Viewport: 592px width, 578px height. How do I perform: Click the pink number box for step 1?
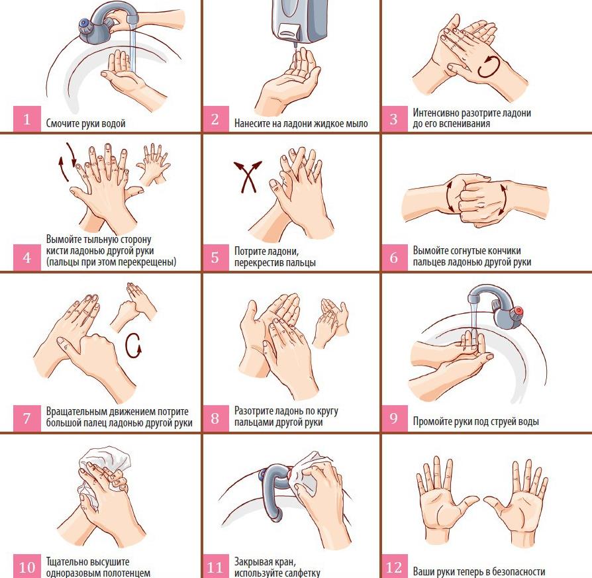[26, 119]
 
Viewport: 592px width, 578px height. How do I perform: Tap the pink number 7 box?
[26, 418]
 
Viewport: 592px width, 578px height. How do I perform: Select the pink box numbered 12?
[394, 566]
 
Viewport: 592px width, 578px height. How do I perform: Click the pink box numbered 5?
[215, 258]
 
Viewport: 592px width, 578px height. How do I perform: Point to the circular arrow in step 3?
[489, 66]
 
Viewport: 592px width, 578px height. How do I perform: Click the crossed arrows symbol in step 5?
[248, 177]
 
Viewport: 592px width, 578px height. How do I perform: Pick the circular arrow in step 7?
[133, 346]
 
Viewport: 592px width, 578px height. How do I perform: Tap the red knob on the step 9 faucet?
[519, 311]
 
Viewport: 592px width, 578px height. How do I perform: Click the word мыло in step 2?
[357, 123]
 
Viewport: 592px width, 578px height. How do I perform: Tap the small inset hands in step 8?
[330, 323]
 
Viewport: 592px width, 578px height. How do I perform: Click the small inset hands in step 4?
[153, 165]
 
